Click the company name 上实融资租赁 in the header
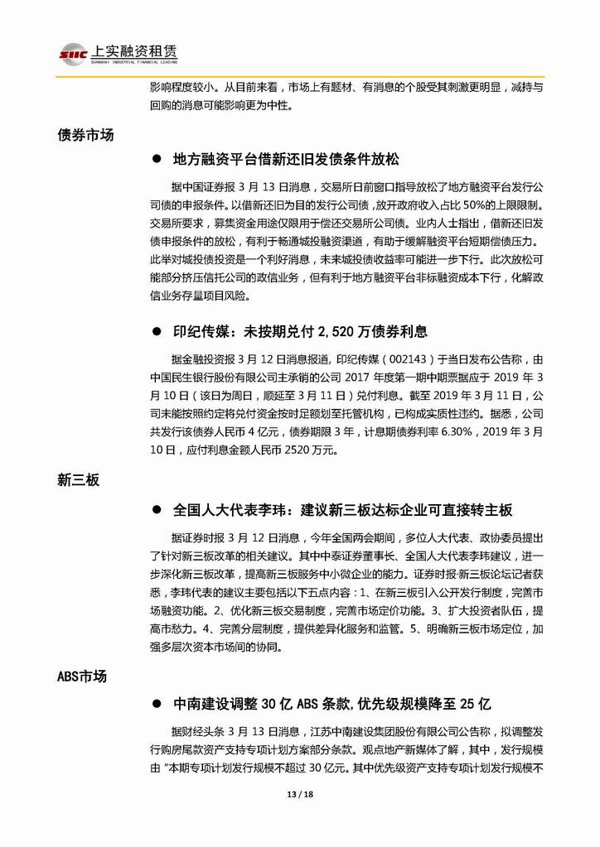pyautogui.click(x=130, y=51)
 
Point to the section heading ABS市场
pyautogui.click(x=82, y=676)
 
